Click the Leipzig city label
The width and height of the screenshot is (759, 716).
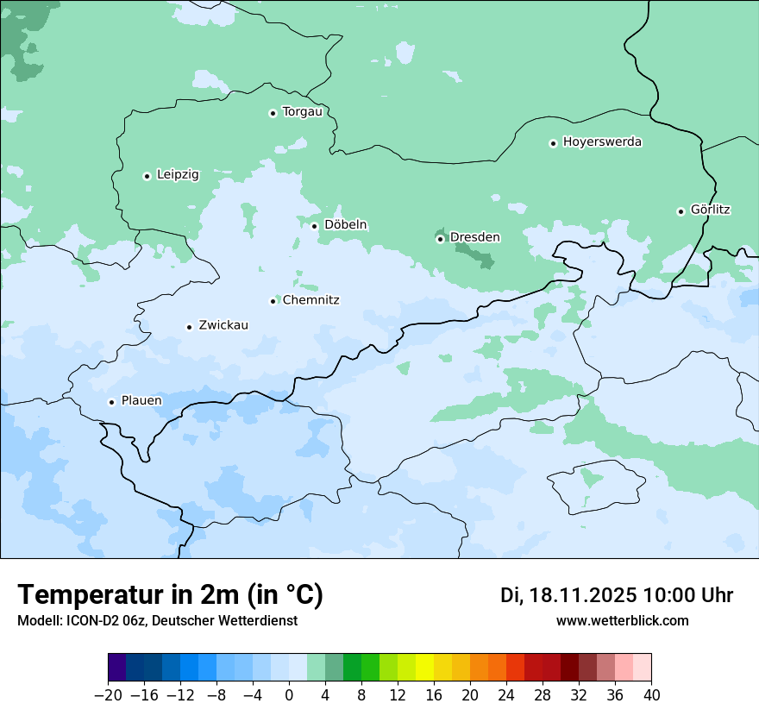pos(178,175)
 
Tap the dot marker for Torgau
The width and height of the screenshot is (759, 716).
pos(273,113)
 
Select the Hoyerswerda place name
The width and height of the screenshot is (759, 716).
pos(602,142)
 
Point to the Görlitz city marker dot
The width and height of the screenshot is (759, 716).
pos(681,211)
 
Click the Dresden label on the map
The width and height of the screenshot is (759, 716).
pos(474,237)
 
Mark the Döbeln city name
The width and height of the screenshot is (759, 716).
pos(345,225)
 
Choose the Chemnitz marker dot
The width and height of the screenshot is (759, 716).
pos(273,301)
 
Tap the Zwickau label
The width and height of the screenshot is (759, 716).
pos(223,325)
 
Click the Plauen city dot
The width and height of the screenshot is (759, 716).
pos(111,402)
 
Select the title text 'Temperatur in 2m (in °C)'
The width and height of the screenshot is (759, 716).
pos(170,595)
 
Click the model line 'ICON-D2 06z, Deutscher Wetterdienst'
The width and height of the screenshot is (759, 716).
pos(157,621)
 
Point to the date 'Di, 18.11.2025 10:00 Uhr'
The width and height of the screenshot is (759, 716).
pos(616,595)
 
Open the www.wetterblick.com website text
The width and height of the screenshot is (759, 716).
pos(622,621)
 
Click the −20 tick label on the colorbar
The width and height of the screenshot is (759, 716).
pos(108,695)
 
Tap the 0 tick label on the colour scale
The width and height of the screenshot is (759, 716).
pos(289,695)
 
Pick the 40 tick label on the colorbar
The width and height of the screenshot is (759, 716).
pos(651,695)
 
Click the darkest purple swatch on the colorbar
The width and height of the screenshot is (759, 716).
pos(117,668)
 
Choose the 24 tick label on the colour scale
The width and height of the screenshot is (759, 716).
pos(506,695)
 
